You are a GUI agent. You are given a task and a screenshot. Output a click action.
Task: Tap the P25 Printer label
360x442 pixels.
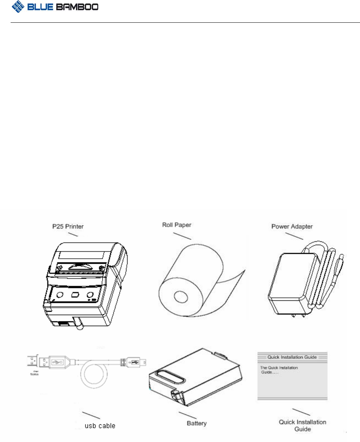click(67, 226)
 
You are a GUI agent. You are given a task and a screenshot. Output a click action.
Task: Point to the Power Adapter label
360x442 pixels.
click(292, 226)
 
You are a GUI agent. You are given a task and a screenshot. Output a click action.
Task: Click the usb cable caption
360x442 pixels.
click(100, 426)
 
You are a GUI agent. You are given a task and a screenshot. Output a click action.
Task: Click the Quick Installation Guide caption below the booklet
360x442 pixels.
click(302, 425)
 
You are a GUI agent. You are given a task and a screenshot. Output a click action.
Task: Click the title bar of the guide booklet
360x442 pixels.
click(292, 357)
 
